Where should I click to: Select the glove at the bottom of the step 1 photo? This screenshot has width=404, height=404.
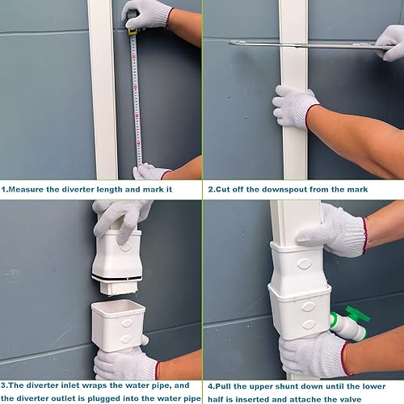(x=151, y=171)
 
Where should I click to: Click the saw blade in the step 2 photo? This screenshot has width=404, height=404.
(x=307, y=44)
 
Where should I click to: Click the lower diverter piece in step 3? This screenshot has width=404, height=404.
(x=118, y=323)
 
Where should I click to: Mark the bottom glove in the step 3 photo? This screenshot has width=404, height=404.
(x=125, y=364)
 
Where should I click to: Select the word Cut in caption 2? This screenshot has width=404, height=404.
(x=225, y=189)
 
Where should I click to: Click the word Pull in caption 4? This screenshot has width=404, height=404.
(x=225, y=385)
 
